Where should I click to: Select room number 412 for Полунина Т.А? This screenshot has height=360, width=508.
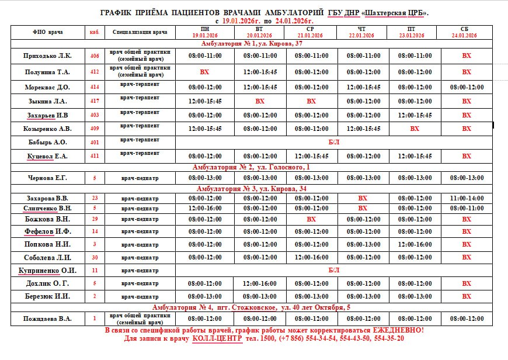click(x=95, y=72)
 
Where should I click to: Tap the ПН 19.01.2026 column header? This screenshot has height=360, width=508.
click(x=204, y=32)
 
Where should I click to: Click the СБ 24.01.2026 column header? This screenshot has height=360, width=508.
click(x=464, y=32)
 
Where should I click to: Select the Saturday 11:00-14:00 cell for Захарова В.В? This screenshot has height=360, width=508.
click(x=467, y=198)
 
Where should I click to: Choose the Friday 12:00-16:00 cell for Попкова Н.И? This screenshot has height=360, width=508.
click(x=415, y=244)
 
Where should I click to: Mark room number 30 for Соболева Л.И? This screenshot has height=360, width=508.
click(x=95, y=257)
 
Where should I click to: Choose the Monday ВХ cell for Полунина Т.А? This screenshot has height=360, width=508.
click(x=204, y=72)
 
